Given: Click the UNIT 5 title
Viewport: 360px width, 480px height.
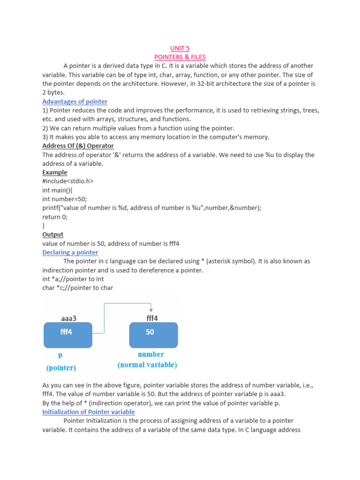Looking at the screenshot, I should pyautogui.click(x=180, y=48).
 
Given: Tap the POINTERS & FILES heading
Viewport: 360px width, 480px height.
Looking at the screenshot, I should pyautogui.click(x=180, y=57).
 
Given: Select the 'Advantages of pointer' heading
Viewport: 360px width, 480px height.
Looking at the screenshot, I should pyautogui.click(x=75, y=102).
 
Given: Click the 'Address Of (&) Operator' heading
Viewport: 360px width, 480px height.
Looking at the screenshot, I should pyautogui.click(x=78, y=146).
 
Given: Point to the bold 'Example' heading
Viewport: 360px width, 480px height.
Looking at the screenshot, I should pyautogui.click(x=55, y=172).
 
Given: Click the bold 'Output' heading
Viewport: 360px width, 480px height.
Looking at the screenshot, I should pyautogui.click(x=52, y=234).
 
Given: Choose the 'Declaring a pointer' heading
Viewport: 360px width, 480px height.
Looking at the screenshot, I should pyautogui.click(x=70, y=252).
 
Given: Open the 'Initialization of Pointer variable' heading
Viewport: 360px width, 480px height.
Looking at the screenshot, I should pyautogui.click(x=89, y=412).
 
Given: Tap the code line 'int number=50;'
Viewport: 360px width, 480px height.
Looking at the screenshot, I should pyautogui.click(x=65, y=199).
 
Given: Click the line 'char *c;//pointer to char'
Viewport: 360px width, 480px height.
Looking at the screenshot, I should pyautogui.click(x=77, y=288).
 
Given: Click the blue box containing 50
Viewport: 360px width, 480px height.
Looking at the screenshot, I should pyautogui.click(x=153, y=334).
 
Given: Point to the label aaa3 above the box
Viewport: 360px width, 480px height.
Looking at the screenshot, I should pyautogui.click(x=68, y=318).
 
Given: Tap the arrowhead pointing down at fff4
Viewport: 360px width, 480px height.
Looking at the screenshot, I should pyautogui.click(x=151, y=310).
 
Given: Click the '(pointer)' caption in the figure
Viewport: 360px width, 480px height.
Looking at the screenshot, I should pyautogui.click(x=61, y=368).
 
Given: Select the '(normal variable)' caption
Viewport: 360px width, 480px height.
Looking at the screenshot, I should pyautogui.click(x=147, y=365).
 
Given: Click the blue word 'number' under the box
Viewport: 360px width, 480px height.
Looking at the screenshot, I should pyautogui.click(x=150, y=354).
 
